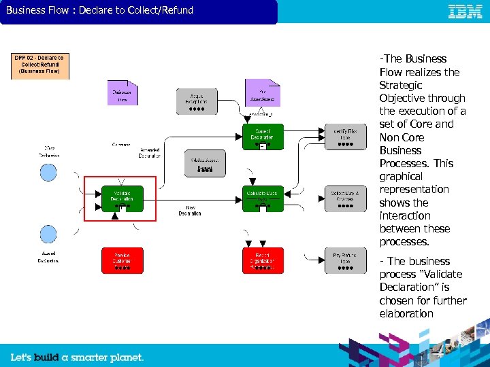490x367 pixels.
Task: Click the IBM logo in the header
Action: tap(465, 12)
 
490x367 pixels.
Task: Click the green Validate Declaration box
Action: tap(122, 198)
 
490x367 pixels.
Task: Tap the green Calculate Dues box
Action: tap(263, 198)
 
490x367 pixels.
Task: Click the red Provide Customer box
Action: tap(122, 260)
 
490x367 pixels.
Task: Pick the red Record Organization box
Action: tap(263, 260)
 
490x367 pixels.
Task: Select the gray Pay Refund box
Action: tap(345, 260)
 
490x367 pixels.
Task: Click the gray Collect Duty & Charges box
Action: tap(345, 198)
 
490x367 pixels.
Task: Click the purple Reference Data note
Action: tap(122, 93)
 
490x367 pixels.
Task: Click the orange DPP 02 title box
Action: tap(39, 66)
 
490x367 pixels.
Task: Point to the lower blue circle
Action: tap(48, 234)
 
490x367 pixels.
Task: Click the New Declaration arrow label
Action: tap(190, 211)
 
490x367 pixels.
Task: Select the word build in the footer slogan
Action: tap(46, 357)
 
